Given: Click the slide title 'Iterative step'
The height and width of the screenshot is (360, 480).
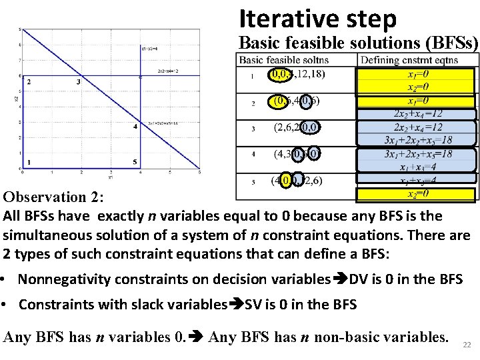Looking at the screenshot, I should coord(317,19).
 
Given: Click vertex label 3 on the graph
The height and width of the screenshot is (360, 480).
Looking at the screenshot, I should coord(79,82).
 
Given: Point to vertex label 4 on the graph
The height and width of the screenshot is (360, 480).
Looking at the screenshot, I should coord(135,126).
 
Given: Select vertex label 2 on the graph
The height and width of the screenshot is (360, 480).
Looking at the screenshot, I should coord(28,82).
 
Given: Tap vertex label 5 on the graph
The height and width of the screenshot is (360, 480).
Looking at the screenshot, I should coord(135,162).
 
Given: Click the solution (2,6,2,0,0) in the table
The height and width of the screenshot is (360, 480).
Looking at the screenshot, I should coord(297,127).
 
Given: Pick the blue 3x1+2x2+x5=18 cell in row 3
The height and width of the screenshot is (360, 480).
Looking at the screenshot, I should coord(418,140).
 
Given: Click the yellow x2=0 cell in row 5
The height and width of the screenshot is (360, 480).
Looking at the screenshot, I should coord(418,194).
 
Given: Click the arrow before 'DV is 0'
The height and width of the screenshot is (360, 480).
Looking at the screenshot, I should coord(339,279).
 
